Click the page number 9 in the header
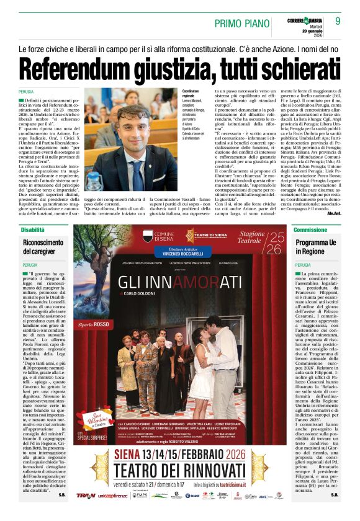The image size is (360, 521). (338, 20)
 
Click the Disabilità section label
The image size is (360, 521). (30, 230)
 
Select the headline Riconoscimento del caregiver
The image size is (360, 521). (44, 247)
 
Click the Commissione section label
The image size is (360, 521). (310, 230)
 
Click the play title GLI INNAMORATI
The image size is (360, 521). (179, 282)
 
